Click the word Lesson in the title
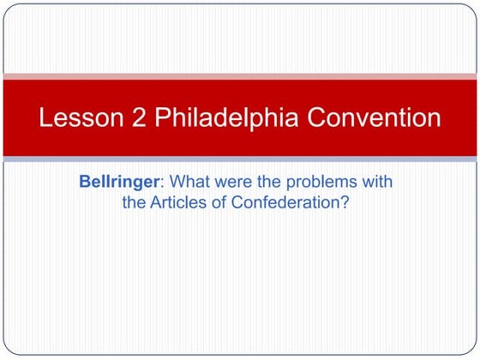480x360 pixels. pyautogui.click(x=80, y=118)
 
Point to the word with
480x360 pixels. pyautogui.click(x=375, y=183)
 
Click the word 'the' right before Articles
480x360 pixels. pyautogui.click(x=135, y=204)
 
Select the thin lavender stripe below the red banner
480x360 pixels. pyautogui.click(x=240, y=159)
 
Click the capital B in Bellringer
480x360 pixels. pyautogui.click(x=85, y=183)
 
